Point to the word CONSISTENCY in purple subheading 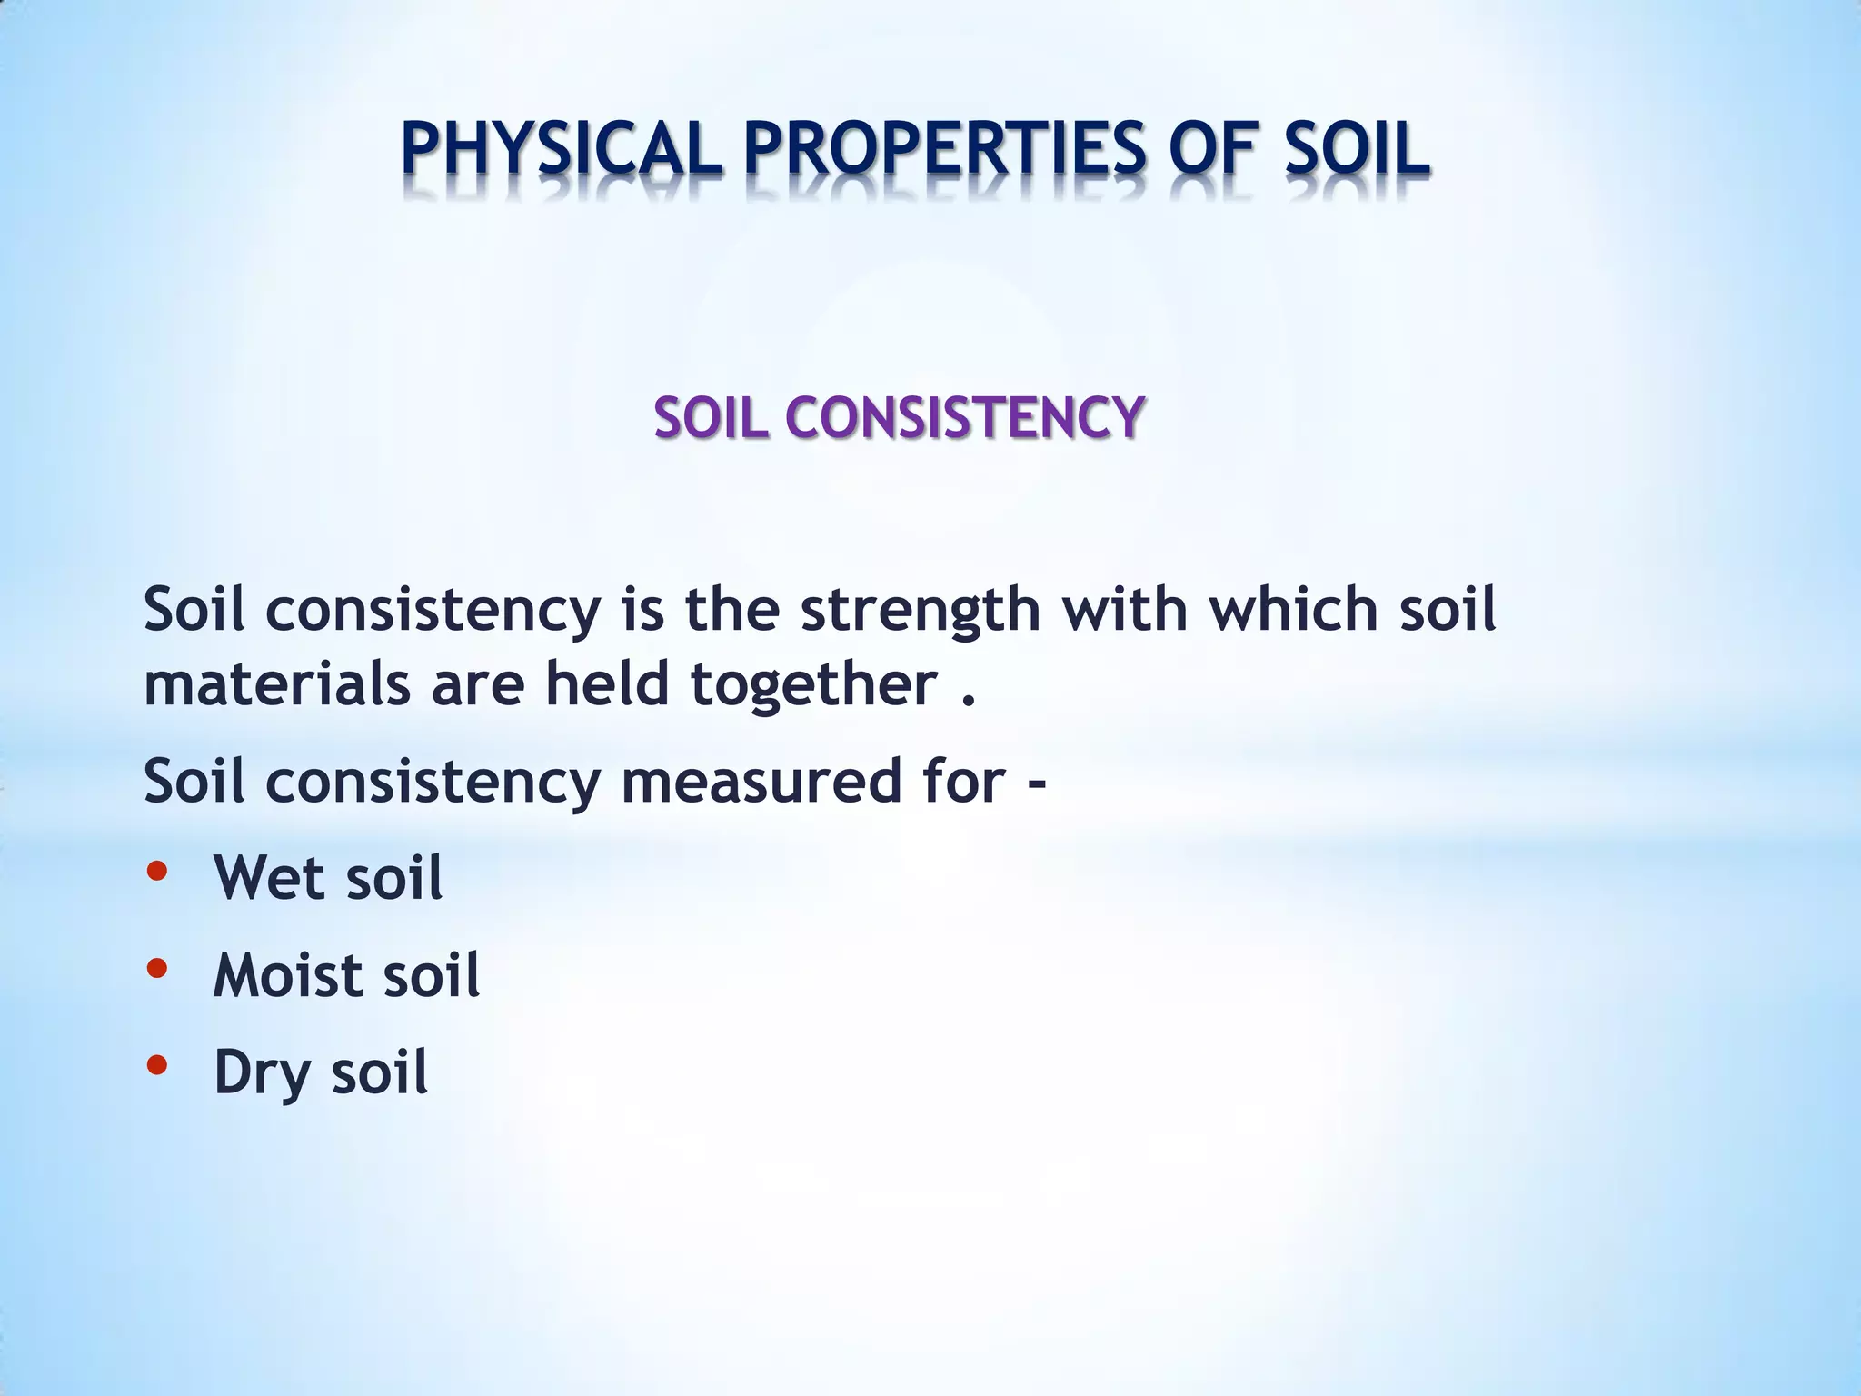pyautogui.click(x=964, y=419)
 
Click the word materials pyautogui.click(x=278, y=683)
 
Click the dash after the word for pyautogui.click(x=1036, y=783)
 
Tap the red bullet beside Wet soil pyautogui.click(x=156, y=872)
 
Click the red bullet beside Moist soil pyautogui.click(x=156, y=969)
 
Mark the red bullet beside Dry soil pyautogui.click(x=156, y=1065)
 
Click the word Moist pyautogui.click(x=287, y=975)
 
